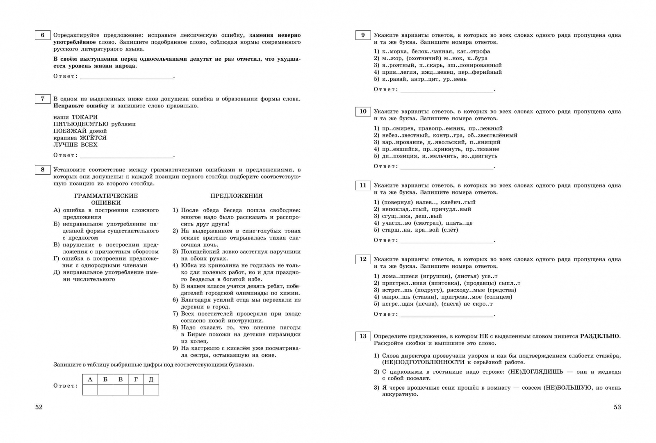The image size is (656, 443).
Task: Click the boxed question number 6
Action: pyautogui.click(x=43, y=35)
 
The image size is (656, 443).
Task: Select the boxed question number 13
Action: pyautogui.click(x=363, y=336)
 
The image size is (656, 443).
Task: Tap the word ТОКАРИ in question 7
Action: pyautogui.click(x=84, y=117)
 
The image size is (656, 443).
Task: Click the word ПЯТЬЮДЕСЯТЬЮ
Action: pyautogui.click(x=81, y=124)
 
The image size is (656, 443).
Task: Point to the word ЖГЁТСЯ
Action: pyautogui.click(x=93, y=138)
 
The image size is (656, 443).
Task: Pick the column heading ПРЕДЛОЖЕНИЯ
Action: pyautogui.click(x=237, y=196)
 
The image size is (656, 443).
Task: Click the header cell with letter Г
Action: pyautogui.click(x=136, y=379)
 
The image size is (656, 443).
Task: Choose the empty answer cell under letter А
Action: pyautogui.click(x=90, y=390)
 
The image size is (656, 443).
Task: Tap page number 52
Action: pyautogui.click(x=39, y=407)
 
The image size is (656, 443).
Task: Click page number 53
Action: pyautogui.click(x=617, y=407)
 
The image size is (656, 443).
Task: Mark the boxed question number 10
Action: pyautogui.click(x=363, y=112)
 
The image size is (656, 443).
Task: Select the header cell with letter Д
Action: pyautogui.click(x=151, y=379)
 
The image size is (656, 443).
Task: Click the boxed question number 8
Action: pyautogui.click(x=43, y=170)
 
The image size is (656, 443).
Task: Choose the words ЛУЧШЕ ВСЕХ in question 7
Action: pyautogui.click(x=75, y=145)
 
